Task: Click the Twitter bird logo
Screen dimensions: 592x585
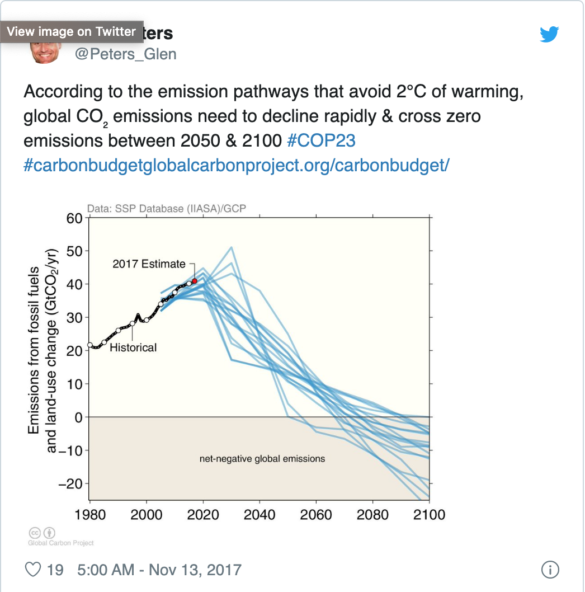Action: point(549,35)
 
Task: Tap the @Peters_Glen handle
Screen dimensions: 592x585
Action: point(125,54)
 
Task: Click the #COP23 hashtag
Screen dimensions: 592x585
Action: point(320,140)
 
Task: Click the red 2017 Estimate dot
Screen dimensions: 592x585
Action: point(195,281)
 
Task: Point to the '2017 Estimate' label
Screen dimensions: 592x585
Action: point(148,264)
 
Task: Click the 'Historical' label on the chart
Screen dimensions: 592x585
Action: point(133,347)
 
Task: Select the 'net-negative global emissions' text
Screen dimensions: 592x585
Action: point(262,459)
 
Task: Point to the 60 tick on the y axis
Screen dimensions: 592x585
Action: point(74,218)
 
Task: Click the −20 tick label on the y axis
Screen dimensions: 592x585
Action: point(71,483)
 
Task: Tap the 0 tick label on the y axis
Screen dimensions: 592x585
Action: point(78,417)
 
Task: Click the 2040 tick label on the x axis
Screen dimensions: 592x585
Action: point(260,514)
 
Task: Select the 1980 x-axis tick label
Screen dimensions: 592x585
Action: point(90,514)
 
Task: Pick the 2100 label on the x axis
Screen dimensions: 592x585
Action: point(428,514)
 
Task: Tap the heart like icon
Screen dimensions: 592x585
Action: point(34,570)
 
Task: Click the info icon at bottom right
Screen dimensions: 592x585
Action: point(550,570)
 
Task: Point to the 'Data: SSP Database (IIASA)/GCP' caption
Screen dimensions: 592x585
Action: point(167,209)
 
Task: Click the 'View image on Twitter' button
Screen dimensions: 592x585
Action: point(71,31)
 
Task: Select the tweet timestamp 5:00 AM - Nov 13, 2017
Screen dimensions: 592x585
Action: point(159,570)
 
